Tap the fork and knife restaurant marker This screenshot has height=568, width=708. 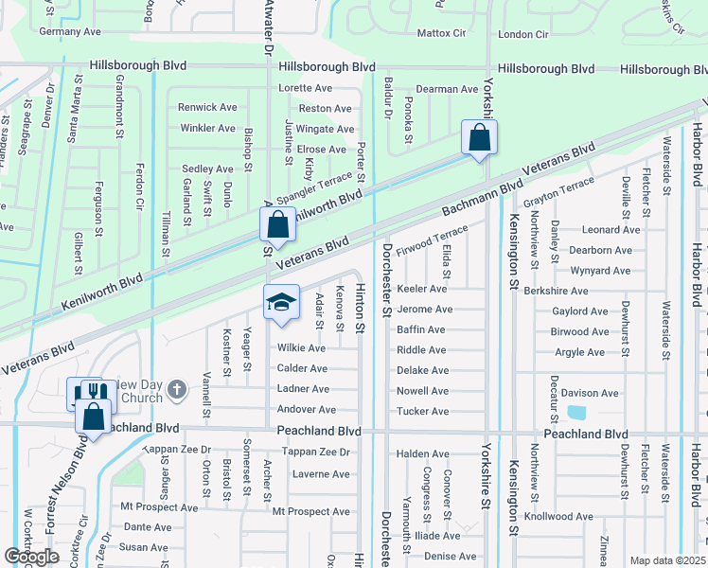92,391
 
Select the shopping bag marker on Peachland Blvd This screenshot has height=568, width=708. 94,417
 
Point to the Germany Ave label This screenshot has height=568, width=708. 70,31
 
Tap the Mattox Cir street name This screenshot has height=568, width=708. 442,33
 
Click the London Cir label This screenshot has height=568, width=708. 523,34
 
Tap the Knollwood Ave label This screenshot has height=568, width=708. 558,517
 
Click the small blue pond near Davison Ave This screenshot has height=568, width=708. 575,413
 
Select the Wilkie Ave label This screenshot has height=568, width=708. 302,348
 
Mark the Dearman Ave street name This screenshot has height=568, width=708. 448,89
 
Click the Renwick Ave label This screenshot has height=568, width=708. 207,107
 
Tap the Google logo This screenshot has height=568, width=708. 31,557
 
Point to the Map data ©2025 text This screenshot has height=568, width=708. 666,560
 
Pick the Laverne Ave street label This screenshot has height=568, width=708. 321,473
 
